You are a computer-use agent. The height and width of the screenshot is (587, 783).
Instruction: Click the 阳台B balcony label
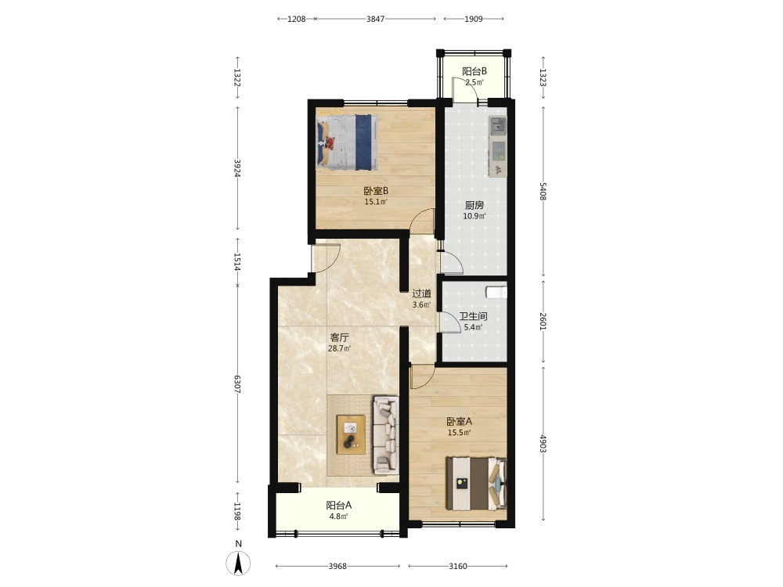pyautogui.click(x=474, y=71)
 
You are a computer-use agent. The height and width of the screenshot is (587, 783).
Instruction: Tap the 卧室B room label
pyautogui.click(x=376, y=191)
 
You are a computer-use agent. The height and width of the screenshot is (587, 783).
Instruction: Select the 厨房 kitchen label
pyautogui.click(x=474, y=205)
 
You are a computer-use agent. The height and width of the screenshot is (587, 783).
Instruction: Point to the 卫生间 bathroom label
pyautogui.click(x=474, y=316)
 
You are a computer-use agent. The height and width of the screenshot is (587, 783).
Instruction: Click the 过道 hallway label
pyautogui.click(x=421, y=293)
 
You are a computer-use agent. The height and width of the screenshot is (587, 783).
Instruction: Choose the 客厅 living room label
pyautogui.click(x=340, y=337)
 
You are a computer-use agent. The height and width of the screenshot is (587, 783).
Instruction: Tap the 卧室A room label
pyautogui.click(x=459, y=421)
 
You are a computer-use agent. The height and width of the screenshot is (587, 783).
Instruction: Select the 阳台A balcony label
pyautogui.click(x=338, y=505)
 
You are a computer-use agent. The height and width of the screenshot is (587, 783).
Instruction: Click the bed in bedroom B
pyautogui.click(x=347, y=142)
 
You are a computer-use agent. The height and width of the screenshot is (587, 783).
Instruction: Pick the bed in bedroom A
pyautogui.click(x=476, y=484)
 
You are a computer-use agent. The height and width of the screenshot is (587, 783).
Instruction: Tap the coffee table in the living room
pyautogui.click(x=351, y=434)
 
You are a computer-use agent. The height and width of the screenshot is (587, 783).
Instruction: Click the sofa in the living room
pyautogui.click(x=385, y=434)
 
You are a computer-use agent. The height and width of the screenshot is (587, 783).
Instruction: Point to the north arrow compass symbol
pyautogui.click(x=238, y=564)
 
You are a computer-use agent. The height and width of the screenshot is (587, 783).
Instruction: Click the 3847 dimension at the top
pyautogui.click(x=376, y=19)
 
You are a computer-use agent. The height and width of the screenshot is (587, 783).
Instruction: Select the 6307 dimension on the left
pyautogui.click(x=238, y=384)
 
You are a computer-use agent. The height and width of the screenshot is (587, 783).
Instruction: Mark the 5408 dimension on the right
pyautogui.click(x=543, y=191)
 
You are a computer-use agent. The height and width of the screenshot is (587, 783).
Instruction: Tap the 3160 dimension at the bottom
pyautogui.click(x=458, y=566)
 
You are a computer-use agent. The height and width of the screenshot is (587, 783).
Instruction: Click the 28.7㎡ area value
pyautogui.click(x=340, y=348)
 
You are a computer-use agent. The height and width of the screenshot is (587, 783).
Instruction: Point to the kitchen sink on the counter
pyautogui.click(x=498, y=126)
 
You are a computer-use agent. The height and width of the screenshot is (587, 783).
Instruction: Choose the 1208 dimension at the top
pyautogui.click(x=297, y=19)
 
